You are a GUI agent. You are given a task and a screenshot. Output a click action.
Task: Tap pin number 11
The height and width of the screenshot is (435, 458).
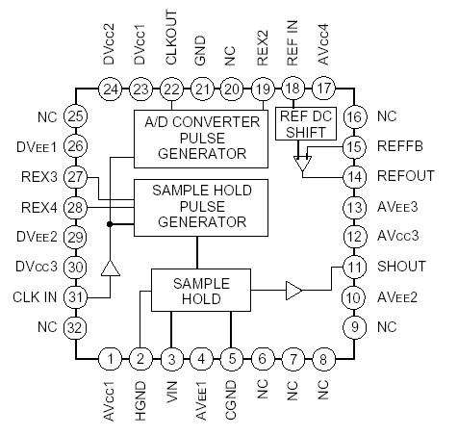coord(355,267)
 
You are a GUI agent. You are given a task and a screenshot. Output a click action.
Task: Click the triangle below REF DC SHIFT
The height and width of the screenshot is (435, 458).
coord(305,165)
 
